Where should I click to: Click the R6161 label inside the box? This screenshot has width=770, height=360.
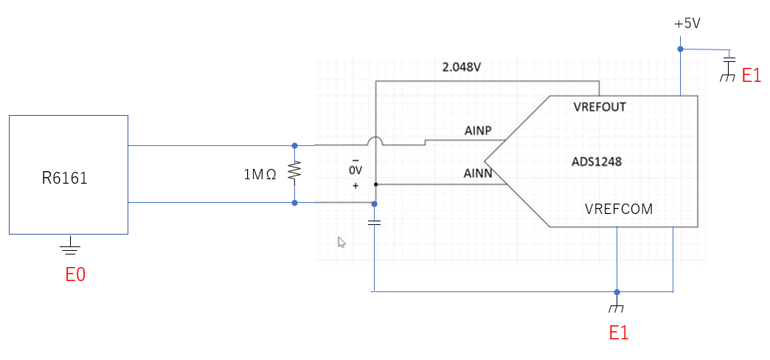click(x=65, y=177)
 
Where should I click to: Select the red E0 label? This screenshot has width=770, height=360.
click(x=75, y=275)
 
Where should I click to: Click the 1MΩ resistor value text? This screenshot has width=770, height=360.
click(x=260, y=175)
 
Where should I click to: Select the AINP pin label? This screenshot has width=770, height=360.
click(x=478, y=131)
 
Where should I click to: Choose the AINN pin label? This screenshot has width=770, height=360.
click(x=478, y=173)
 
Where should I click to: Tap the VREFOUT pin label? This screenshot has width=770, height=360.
click(x=599, y=107)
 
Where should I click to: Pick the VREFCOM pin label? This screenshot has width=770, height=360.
click(x=618, y=209)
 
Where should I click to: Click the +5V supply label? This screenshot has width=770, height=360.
click(x=687, y=24)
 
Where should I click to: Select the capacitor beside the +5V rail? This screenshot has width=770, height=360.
click(x=729, y=58)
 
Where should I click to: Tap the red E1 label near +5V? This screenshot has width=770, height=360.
click(x=751, y=75)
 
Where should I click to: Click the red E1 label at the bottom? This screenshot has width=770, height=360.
click(x=618, y=333)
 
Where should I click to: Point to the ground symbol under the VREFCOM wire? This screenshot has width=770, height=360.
click(x=617, y=305)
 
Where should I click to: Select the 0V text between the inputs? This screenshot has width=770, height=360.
click(x=355, y=170)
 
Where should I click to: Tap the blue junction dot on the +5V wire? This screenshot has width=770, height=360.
click(x=681, y=49)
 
